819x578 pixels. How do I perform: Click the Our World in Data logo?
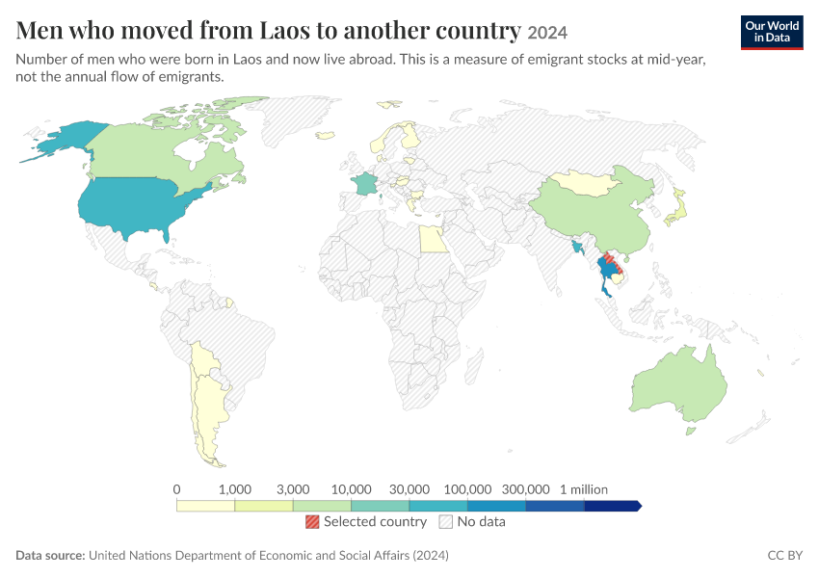click(772, 33)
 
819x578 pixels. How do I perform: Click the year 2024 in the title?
click(547, 33)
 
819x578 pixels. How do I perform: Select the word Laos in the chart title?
click(284, 30)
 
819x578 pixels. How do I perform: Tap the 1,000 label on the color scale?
click(234, 489)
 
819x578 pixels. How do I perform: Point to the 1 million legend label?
click(584, 489)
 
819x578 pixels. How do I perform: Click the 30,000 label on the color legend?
click(409, 489)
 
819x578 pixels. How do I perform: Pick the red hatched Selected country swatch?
click(312, 521)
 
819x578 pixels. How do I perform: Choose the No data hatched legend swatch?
click(446, 521)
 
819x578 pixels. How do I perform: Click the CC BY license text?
click(784, 555)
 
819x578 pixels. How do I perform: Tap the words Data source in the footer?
click(50, 555)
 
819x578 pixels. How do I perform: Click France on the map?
click(363, 183)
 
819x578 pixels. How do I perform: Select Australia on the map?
click(678, 385)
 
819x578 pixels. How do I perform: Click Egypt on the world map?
click(433, 240)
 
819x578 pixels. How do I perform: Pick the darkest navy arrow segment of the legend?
click(612, 506)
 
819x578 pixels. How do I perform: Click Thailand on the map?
click(607, 273)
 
